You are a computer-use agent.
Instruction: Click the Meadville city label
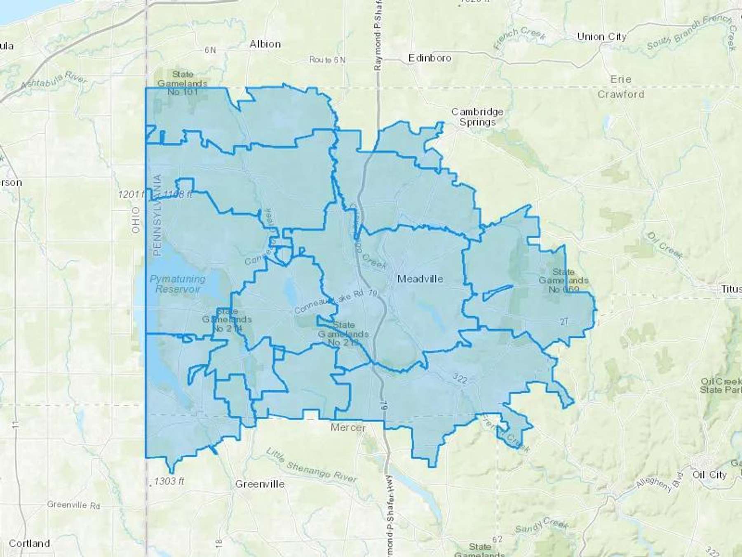click(420, 279)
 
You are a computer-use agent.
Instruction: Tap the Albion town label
click(265, 44)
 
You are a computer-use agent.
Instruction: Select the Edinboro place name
click(430, 58)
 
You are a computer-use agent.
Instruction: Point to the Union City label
click(601, 37)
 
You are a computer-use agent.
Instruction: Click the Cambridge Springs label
click(477, 117)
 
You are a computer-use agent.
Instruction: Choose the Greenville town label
click(260, 484)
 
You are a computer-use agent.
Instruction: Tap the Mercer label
click(348, 427)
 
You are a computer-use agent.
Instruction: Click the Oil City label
click(709, 474)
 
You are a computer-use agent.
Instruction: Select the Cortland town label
click(29, 543)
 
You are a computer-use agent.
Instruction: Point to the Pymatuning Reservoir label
click(177, 284)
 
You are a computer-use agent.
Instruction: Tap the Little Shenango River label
click(311, 465)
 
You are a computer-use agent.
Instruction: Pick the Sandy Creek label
click(542, 526)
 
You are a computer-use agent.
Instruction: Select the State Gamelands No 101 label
click(182, 83)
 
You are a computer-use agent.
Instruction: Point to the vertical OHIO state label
click(136, 220)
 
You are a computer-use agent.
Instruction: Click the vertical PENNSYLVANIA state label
click(157, 215)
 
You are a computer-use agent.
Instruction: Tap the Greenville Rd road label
click(73, 505)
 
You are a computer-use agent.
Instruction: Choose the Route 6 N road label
click(327, 60)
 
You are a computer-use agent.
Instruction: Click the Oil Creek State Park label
click(721, 385)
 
